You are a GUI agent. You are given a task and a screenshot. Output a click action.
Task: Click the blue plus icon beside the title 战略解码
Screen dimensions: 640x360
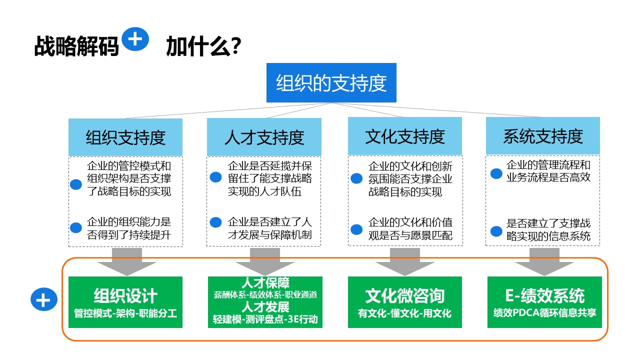coord(135,39)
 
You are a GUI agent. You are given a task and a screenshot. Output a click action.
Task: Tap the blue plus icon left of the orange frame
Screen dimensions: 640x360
coord(44,299)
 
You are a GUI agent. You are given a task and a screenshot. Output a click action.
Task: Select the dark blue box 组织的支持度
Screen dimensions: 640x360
coord(331,82)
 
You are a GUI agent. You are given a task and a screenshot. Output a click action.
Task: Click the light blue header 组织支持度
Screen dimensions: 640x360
coord(125,137)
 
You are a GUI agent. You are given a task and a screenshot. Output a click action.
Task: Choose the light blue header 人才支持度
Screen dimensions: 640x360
coord(264,137)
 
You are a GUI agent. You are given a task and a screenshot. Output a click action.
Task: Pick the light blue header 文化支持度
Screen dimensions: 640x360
coord(405,136)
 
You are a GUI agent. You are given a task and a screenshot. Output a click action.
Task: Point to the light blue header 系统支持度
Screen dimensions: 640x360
coord(543,136)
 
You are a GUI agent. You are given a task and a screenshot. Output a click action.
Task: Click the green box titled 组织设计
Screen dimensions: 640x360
coord(125,302)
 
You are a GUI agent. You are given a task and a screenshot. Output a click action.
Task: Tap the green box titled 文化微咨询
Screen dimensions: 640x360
coord(405,302)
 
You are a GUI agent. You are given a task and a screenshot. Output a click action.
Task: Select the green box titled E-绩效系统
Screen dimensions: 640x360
coord(544,302)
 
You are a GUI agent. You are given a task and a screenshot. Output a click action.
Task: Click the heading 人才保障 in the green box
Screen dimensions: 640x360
coord(265,283)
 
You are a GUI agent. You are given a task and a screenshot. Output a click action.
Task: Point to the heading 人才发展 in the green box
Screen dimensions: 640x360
coord(265,307)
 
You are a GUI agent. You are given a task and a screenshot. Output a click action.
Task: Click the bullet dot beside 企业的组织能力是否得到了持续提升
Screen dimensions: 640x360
coord(76,227)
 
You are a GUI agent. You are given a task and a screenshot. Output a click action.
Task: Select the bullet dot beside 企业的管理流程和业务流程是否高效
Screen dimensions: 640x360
coord(496,173)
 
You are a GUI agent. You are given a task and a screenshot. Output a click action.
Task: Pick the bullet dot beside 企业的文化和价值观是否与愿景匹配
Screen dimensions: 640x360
coord(356,229)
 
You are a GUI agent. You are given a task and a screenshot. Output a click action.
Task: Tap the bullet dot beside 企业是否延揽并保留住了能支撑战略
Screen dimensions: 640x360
coord(215,177)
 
